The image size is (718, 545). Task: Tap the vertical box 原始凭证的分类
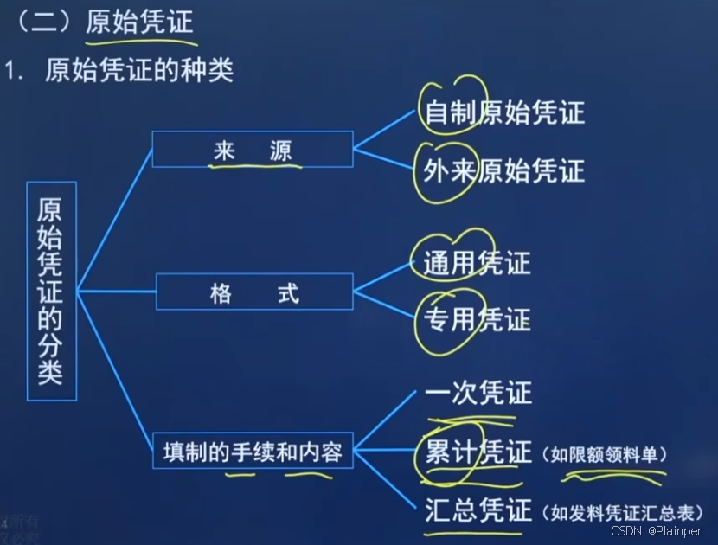point(52,291)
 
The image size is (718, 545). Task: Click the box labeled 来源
point(252,149)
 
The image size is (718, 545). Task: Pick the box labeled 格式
point(254,292)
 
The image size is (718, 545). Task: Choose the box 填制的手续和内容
point(253,451)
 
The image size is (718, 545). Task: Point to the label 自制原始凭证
point(504,112)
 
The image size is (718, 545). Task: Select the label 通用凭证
point(477,263)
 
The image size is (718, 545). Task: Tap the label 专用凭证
point(477,320)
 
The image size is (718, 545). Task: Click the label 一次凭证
point(478,394)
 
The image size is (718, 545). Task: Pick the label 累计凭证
point(478,452)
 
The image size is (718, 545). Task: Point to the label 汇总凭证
point(478,510)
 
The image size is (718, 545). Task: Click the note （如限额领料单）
point(606,454)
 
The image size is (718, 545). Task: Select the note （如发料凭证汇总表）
point(623,512)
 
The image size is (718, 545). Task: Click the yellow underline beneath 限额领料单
point(614,473)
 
